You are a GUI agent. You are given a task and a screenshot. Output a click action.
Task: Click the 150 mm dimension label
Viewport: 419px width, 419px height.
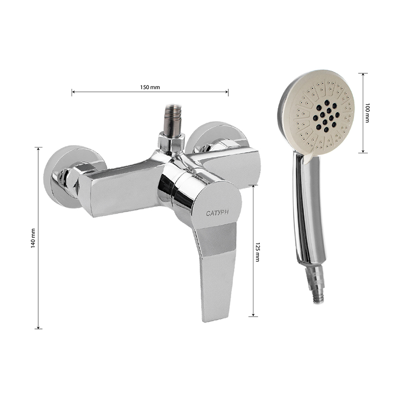[150, 88]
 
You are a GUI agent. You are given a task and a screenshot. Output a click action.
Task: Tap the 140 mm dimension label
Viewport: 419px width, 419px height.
[33, 238]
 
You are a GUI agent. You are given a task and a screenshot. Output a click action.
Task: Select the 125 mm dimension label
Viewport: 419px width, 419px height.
[258, 252]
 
